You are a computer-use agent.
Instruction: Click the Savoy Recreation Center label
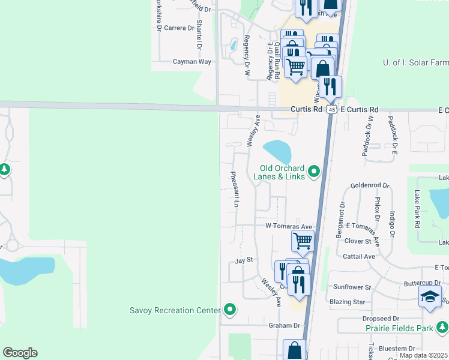pyautogui.click(x=174, y=310)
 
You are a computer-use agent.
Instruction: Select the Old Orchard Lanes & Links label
pyautogui.click(x=282, y=173)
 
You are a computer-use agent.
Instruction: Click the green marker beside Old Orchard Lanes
pyautogui.click(x=313, y=173)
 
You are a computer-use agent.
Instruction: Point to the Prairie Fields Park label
pyautogui.click(x=399, y=328)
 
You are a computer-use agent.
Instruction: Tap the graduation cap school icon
pyautogui.click(x=430, y=297)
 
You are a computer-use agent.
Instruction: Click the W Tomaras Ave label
pyautogui.click(x=289, y=227)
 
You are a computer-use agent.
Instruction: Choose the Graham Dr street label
pyautogui.click(x=284, y=325)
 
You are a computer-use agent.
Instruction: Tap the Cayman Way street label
pyautogui.click(x=192, y=61)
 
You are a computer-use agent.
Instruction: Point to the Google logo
pyautogui.click(x=20, y=353)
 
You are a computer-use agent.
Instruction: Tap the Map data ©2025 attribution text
pyautogui.click(x=423, y=355)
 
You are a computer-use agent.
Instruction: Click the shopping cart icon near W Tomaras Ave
pyautogui.click(x=303, y=241)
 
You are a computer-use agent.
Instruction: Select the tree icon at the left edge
pyautogui.click(x=4, y=170)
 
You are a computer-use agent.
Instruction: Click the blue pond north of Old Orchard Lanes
pyautogui.click(x=277, y=151)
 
